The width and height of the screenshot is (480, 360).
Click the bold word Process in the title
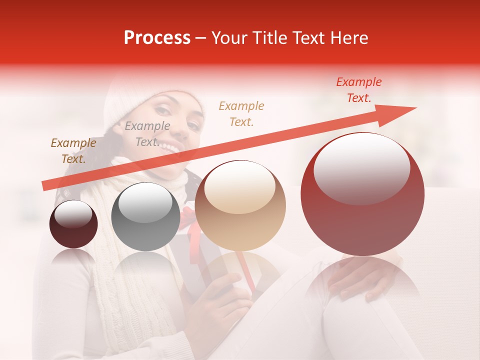157,38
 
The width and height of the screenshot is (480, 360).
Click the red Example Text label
358,90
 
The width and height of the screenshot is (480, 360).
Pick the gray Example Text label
147,133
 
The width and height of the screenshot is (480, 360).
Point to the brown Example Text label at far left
73,150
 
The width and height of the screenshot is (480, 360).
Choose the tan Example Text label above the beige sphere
241,113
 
